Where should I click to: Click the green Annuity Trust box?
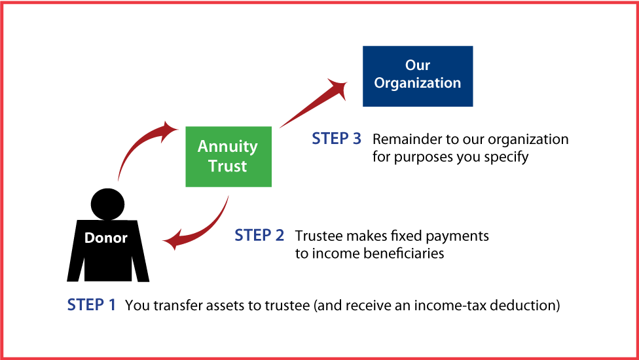pyautogui.click(x=227, y=156)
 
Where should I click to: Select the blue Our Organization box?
pyautogui.click(x=418, y=76)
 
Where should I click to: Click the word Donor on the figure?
pyautogui.click(x=106, y=238)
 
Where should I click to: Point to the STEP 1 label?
pyautogui.click(x=92, y=305)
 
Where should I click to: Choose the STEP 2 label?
pyautogui.click(x=259, y=236)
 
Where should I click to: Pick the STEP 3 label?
pyautogui.click(x=337, y=139)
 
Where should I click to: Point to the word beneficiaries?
pyautogui.click(x=405, y=253)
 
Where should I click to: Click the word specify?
pyautogui.click(x=505, y=158)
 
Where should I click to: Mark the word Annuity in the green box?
pyautogui.click(x=227, y=146)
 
